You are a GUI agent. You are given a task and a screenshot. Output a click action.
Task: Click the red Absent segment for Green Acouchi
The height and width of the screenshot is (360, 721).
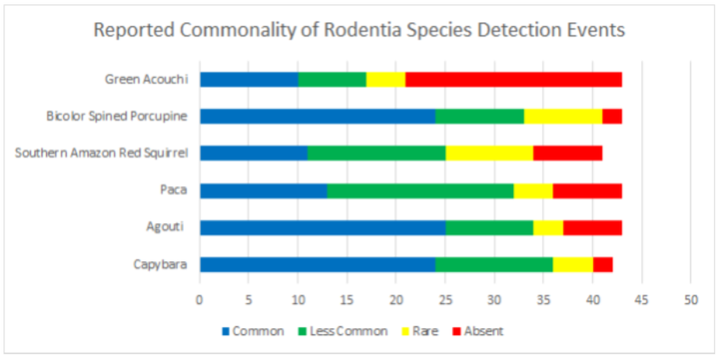[x=513, y=80]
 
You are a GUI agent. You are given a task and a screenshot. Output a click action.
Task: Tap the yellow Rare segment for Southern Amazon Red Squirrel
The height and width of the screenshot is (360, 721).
[x=489, y=153]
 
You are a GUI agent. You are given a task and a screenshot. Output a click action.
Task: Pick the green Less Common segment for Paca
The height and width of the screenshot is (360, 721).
[x=420, y=190]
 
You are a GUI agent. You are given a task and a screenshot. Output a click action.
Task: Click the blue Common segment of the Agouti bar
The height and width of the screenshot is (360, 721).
[x=322, y=228]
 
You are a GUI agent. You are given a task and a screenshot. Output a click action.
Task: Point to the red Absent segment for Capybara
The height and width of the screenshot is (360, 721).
[x=602, y=265]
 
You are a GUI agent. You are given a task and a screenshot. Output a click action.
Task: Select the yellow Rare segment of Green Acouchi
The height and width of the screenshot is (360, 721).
[x=385, y=80]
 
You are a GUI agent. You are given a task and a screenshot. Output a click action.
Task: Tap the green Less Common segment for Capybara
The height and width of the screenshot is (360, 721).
[x=493, y=265]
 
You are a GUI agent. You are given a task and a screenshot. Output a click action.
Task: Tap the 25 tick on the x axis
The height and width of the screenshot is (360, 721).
[x=445, y=300]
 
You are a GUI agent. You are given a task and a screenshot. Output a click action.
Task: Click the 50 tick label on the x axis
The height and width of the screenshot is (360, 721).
[x=690, y=300]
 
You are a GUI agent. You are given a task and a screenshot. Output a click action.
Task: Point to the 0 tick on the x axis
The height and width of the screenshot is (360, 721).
[x=200, y=300]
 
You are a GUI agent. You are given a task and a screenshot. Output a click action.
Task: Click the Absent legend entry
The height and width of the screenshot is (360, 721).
[x=483, y=331]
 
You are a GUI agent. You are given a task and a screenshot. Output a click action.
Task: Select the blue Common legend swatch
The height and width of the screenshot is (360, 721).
[x=227, y=331]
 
